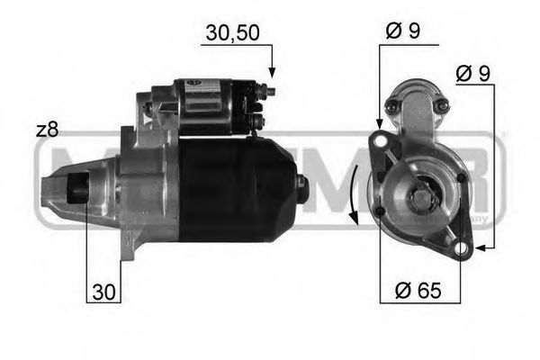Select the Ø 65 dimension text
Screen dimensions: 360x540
[x=416, y=290]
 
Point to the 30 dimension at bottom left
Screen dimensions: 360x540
[x=103, y=291]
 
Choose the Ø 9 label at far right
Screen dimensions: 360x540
[x=473, y=74]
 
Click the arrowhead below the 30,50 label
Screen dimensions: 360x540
[x=271, y=70]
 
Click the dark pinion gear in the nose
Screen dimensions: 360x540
[x=77, y=190]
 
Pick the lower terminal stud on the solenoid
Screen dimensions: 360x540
[x=259, y=120]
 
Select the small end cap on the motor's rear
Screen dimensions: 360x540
[x=301, y=188]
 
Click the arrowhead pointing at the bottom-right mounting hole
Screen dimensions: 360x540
[x=478, y=246]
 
